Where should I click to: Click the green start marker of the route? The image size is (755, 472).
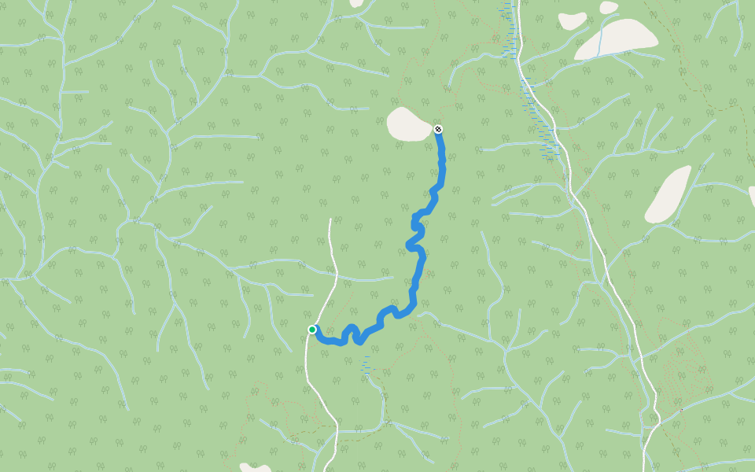point(312,330)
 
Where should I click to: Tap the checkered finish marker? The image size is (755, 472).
point(438,129)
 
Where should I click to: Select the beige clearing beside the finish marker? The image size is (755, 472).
point(410,124)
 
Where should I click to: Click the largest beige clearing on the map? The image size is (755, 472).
point(617,39)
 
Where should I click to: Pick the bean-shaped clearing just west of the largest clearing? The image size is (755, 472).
point(572,20)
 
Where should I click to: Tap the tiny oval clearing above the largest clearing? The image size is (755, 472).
point(609,7)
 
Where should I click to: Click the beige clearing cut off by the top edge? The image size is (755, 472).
point(356,3)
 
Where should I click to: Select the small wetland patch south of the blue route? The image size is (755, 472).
point(365,364)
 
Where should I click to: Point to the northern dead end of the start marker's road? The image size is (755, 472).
point(330,219)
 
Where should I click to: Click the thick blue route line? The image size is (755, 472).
point(415,267)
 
